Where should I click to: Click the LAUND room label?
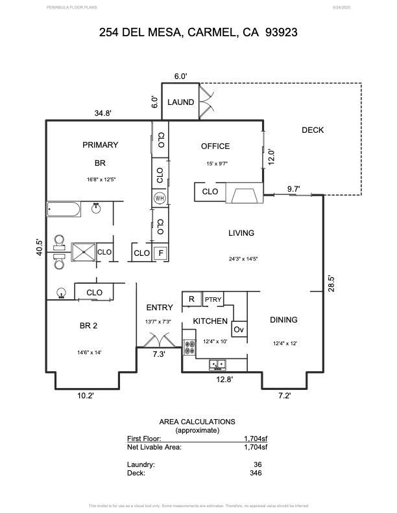180,102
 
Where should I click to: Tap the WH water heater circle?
160,198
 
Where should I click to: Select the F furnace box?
160,253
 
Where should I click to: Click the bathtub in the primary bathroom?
64,209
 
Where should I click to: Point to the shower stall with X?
83,251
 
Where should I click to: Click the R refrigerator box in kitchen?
191,299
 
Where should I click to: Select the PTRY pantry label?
213,299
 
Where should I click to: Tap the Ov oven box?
239,330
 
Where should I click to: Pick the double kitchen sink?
217,365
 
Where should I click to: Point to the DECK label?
313,130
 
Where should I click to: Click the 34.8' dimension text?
103,113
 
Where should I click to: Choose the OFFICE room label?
215,146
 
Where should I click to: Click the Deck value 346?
256,473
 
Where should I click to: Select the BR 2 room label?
84,325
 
